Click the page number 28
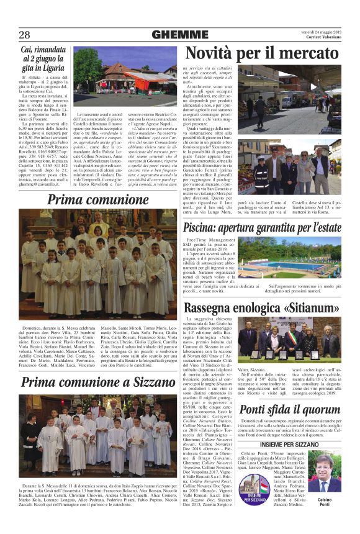(24, 34)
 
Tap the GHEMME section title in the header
(179, 35)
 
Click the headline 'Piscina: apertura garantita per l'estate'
(263, 227)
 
